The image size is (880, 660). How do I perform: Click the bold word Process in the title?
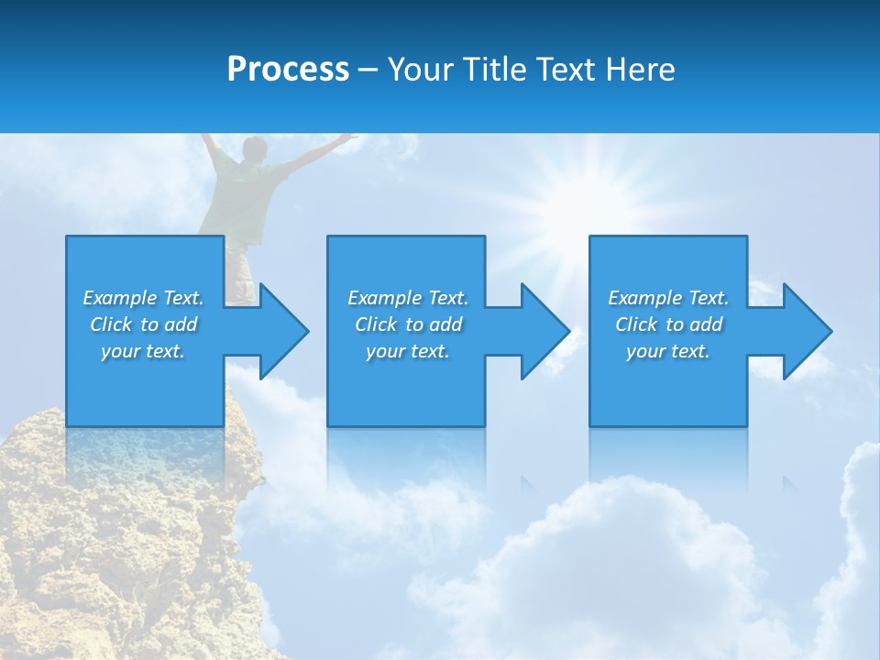pyautogui.click(x=288, y=70)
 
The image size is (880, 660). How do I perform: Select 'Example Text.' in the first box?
pyautogui.click(x=143, y=298)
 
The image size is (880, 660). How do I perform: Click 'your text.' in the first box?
pyautogui.click(x=143, y=351)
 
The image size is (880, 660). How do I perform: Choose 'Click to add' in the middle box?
pyautogui.click(x=408, y=324)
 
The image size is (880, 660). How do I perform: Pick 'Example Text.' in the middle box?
pyautogui.click(x=408, y=298)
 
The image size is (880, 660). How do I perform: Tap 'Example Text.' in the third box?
pyautogui.click(x=668, y=298)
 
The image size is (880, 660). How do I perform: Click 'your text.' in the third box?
pyautogui.click(x=668, y=351)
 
